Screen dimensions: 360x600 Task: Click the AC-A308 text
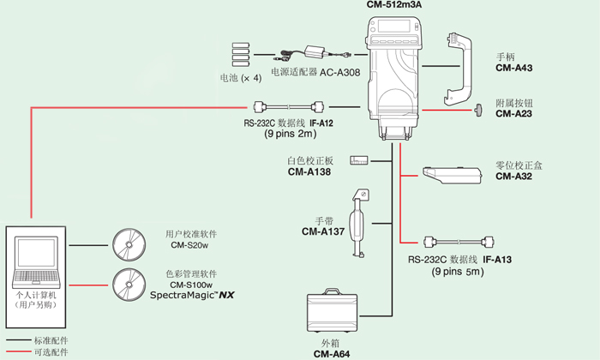pos(340,74)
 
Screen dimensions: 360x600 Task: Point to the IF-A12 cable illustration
pos(290,107)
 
